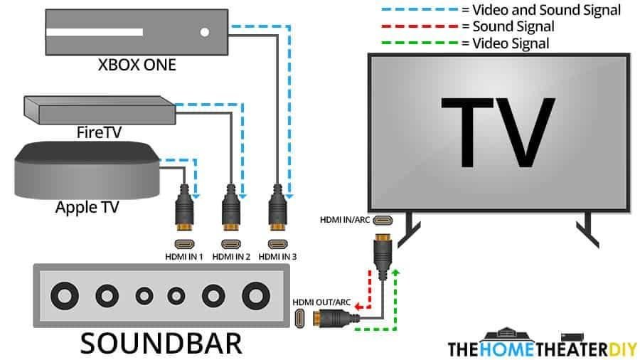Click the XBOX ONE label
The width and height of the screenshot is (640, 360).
pyautogui.click(x=137, y=65)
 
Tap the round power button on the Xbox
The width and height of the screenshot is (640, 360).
pyautogui.click(x=205, y=32)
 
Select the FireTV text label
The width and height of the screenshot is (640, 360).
pyautogui.click(x=98, y=132)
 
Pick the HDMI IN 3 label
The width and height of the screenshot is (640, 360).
pyautogui.click(x=278, y=255)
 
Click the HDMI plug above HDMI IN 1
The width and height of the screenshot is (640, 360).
pyautogui.click(x=183, y=210)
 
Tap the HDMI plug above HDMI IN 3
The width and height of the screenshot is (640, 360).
pyautogui.click(x=278, y=210)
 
